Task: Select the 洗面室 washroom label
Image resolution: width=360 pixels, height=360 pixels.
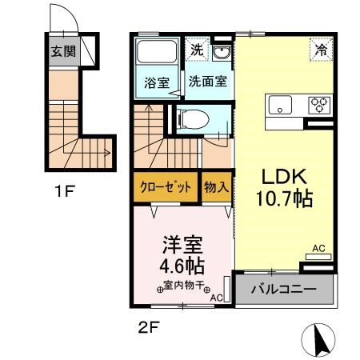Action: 207,82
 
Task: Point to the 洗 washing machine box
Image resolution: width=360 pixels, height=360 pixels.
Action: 197,50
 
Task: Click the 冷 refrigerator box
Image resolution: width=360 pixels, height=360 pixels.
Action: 321,50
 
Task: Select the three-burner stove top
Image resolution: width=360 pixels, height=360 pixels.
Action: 318,105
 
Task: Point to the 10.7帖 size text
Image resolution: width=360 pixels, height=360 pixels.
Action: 285,198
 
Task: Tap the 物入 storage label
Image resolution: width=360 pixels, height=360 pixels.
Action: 216,189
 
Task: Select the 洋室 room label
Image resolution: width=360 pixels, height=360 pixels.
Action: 182,241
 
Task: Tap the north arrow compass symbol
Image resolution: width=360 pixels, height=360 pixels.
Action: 319,340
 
